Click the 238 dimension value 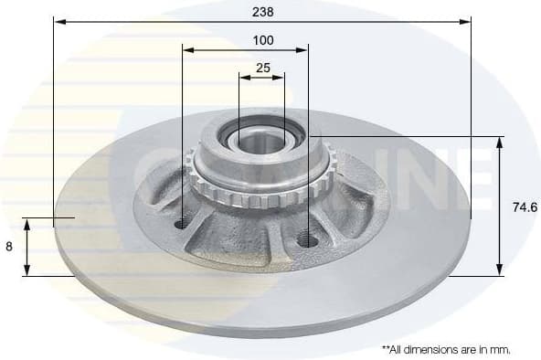263,11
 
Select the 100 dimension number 263,40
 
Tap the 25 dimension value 262,68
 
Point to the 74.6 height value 525,207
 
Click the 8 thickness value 9,247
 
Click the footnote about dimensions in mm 446,348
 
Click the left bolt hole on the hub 182,223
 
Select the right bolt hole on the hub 307,240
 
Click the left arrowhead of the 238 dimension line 58,19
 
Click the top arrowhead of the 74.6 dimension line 500,141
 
